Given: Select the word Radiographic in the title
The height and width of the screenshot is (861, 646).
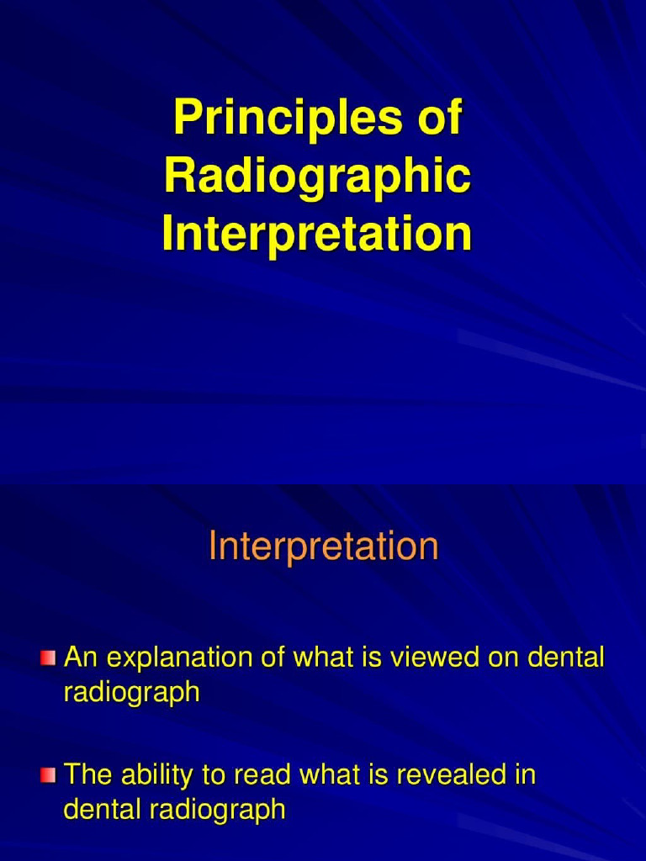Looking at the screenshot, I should [x=317, y=177].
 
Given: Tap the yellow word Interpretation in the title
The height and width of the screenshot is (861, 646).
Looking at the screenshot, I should [x=317, y=234].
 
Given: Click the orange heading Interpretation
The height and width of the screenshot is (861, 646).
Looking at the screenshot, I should [x=323, y=547].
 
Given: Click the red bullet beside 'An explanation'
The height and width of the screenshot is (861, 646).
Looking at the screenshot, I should [x=48, y=657].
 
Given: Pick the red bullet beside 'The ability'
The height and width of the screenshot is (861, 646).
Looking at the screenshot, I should [x=48, y=774].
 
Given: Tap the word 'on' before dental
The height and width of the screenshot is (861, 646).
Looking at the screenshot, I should [x=501, y=658].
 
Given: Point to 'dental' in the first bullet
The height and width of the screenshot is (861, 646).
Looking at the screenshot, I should [x=566, y=658].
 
